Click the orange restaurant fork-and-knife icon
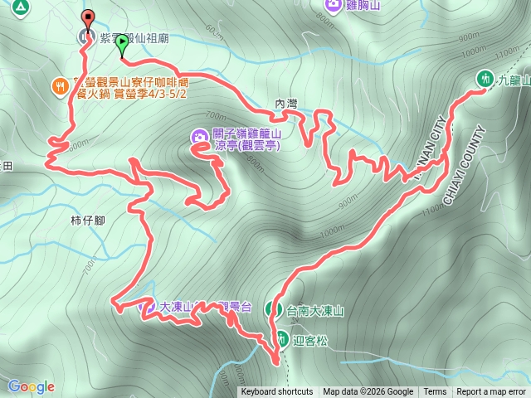60,85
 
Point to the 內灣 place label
285,104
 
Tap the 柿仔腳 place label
87,221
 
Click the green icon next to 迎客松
278,338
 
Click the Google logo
32,386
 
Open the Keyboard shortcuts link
276,392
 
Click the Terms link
435,392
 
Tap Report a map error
491,392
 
